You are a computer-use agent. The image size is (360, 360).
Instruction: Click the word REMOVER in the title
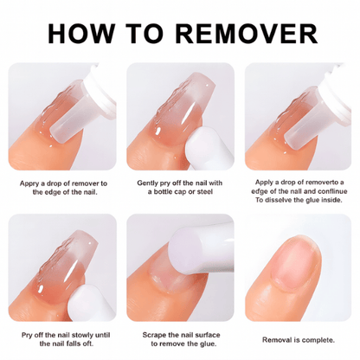[247, 34]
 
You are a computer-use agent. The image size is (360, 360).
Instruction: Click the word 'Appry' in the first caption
[29, 184]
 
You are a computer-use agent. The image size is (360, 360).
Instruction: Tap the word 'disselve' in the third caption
[279, 200]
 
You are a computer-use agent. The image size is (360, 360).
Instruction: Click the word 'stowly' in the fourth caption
[82, 335]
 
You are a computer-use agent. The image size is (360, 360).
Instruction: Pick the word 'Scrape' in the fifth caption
[154, 335]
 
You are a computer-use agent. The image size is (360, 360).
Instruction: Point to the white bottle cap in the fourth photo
[84, 303]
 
